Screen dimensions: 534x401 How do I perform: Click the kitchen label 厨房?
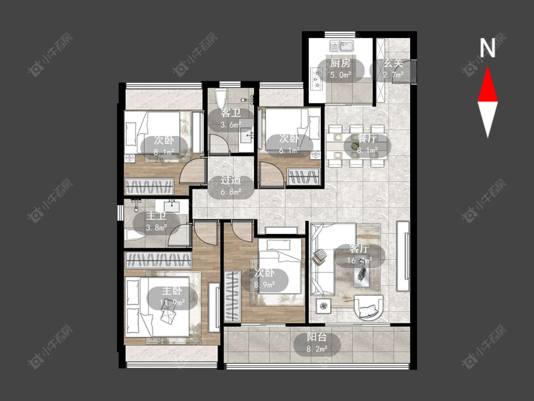(x=340, y=63)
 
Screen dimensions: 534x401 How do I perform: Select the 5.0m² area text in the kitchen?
(x=340, y=75)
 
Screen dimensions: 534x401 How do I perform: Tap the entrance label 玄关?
(x=393, y=63)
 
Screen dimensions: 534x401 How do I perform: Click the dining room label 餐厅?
(x=367, y=138)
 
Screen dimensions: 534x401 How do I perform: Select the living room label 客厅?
(x=359, y=249)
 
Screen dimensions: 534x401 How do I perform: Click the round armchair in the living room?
(x=368, y=307)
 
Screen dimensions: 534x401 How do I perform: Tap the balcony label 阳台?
(x=317, y=337)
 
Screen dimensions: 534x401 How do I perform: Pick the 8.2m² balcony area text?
(x=317, y=349)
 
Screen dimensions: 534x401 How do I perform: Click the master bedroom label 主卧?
(x=172, y=291)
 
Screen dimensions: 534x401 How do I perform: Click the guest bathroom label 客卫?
(x=231, y=113)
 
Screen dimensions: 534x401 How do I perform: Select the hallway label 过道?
(x=231, y=180)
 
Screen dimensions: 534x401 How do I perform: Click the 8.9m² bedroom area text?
(x=265, y=285)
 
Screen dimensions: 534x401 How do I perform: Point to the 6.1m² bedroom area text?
(x=290, y=150)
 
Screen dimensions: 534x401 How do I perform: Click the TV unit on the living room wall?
(x=403, y=257)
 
